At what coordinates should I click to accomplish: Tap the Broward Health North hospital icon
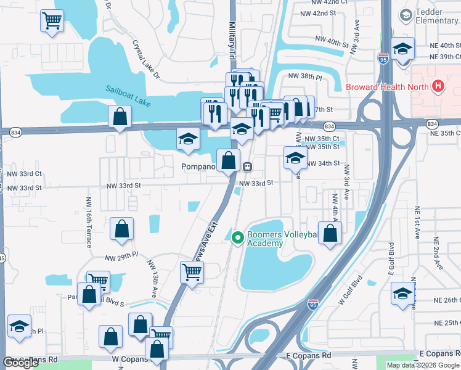coord(438,86)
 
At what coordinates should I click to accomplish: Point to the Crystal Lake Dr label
coord(145,60)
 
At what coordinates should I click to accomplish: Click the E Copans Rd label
coord(309,356)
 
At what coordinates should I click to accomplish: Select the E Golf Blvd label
coord(391,259)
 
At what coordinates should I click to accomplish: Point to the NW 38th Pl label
coord(305,76)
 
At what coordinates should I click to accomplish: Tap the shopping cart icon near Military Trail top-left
coord(52,21)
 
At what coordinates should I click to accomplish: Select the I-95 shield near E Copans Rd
coord(312,304)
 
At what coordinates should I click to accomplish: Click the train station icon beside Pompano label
coord(247,166)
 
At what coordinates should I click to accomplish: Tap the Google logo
coord(21,362)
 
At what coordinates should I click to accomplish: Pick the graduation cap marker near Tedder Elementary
coord(402,48)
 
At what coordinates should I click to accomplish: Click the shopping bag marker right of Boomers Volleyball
coord(330,234)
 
